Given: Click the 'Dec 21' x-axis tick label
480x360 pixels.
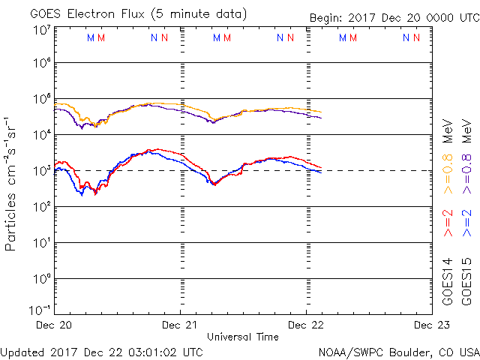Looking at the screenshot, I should click(x=180, y=325).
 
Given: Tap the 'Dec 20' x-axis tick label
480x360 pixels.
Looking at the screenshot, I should click(x=55, y=325).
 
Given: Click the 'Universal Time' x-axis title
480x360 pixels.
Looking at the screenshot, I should click(x=242, y=337).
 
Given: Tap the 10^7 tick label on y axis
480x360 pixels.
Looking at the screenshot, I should click(x=40, y=30).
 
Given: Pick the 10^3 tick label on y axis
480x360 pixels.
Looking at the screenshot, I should click(x=40, y=171).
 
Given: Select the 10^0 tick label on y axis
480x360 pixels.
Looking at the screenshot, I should click(x=40, y=279).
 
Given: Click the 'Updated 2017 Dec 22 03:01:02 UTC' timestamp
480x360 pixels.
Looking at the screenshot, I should click(x=101, y=351).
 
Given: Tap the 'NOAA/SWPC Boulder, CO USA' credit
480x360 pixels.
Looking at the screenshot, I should click(x=398, y=351).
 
